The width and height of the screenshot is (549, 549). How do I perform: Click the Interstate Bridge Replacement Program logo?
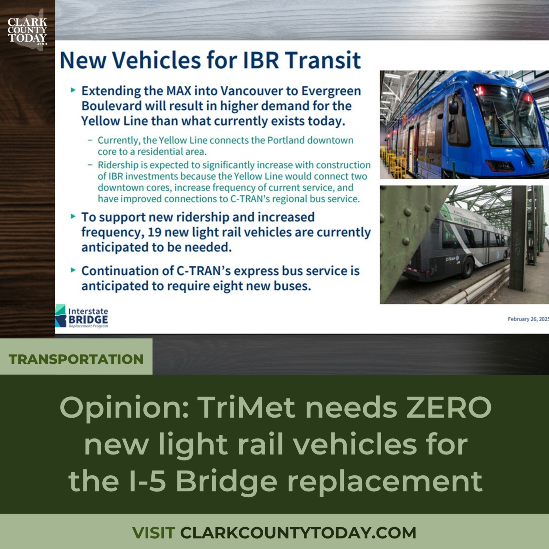click(x=82, y=316)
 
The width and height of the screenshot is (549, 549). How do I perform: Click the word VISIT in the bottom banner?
click(x=154, y=533)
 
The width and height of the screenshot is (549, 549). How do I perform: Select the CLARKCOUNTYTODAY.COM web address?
click(x=298, y=533)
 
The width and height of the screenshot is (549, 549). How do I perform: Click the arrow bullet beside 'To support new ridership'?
click(x=73, y=216)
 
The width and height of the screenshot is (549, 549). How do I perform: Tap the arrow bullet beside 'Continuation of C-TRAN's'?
click(x=73, y=270)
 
